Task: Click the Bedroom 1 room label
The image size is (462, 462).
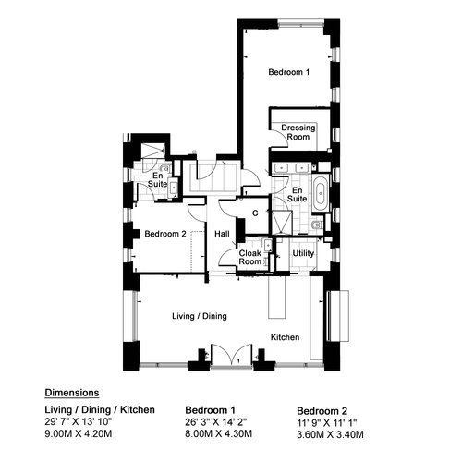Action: pos(288,72)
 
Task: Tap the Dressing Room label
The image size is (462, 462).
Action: pos(298,132)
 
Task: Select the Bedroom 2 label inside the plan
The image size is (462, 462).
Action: pos(165,234)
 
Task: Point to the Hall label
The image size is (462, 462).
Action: pos(222,234)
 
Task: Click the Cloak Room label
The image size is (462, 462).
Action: pos(250,258)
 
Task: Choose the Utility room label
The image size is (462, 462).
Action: pos(303,253)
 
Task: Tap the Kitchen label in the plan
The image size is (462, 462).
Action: pos(285,337)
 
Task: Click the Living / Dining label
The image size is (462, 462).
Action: pos(200,316)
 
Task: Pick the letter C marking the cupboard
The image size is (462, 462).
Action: pos(255,213)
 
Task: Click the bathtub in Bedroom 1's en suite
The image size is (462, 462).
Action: pos(321,193)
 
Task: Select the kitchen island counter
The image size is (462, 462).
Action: pos(277,297)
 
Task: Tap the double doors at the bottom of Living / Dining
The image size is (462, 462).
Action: pos(232,355)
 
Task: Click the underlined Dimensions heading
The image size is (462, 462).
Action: pos(72,393)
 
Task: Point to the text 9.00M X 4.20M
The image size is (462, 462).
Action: pos(79,433)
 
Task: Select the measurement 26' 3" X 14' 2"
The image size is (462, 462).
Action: pos(216,422)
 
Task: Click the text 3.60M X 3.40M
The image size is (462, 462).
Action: pos(330,434)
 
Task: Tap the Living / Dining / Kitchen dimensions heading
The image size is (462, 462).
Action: pos(100,410)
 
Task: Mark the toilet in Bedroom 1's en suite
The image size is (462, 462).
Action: pos(317,225)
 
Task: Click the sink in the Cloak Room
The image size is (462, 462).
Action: pos(268,245)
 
